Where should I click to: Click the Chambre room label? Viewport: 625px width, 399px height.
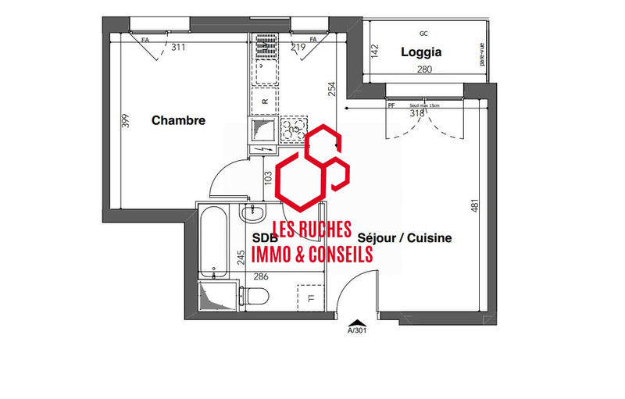pyautogui.click(x=178, y=121)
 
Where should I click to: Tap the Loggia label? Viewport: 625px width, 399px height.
pyautogui.click(x=421, y=53)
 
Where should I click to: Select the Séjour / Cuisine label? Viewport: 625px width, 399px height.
pyautogui.click(x=405, y=238)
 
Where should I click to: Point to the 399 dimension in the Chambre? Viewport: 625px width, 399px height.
pyautogui.click(x=125, y=122)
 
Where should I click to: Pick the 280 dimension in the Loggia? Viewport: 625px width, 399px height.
pyautogui.click(x=423, y=70)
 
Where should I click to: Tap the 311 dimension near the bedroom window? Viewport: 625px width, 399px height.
pyautogui.click(x=179, y=48)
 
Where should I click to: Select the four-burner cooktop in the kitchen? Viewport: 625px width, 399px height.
pyautogui.click(x=294, y=130)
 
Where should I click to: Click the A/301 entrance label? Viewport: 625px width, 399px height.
pyautogui.click(x=357, y=330)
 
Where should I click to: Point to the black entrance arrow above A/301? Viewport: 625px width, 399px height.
pyautogui.click(x=356, y=321)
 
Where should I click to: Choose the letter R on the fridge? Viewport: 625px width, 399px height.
pyautogui.click(x=266, y=102)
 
